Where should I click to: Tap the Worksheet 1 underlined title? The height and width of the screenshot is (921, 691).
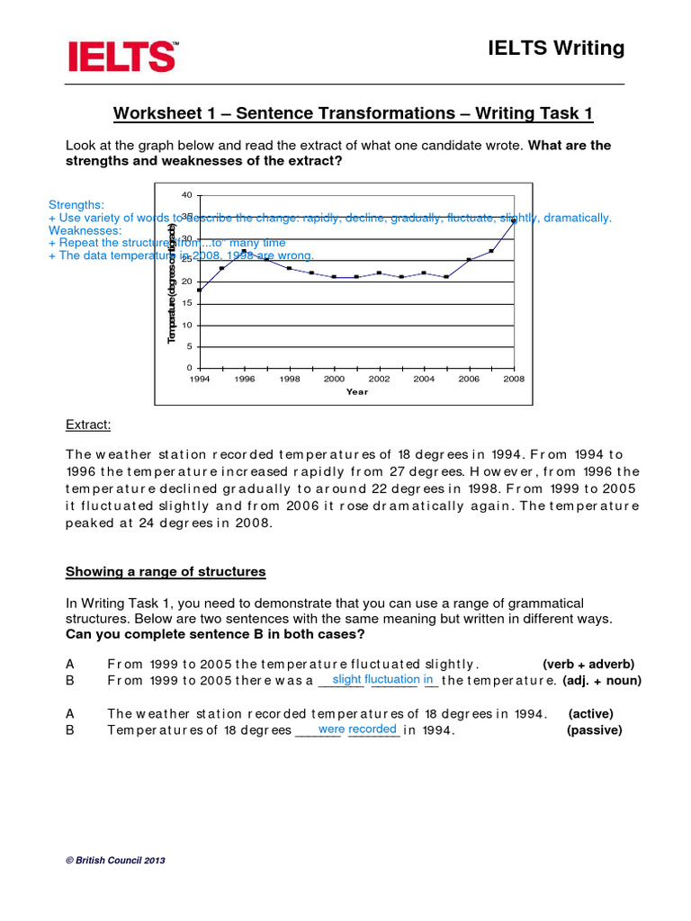(x=353, y=114)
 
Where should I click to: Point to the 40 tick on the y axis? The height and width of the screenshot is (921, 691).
(x=187, y=195)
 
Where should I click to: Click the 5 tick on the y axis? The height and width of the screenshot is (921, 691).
(x=189, y=347)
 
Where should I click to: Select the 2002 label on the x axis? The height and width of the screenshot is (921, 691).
(x=379, y=380)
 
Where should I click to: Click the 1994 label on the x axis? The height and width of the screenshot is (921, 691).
(x=200, y=380)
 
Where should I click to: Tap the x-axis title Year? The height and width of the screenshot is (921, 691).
(x=357, y=392)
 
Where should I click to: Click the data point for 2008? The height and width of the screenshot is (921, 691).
(x=514, y=220)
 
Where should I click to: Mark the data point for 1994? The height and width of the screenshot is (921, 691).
(x=200, y=290)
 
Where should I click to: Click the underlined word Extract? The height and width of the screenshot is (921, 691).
(x=88, y=425)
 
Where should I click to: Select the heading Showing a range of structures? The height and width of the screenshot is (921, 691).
(x=166, y=572)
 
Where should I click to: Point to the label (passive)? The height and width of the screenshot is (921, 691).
(x=594, y=730)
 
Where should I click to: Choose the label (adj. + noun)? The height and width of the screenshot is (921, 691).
(x=602, y=681)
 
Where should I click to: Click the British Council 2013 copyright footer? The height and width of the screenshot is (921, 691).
(x=116, y=861)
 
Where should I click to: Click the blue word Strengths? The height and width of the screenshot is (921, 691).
(x=76, y=205)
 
